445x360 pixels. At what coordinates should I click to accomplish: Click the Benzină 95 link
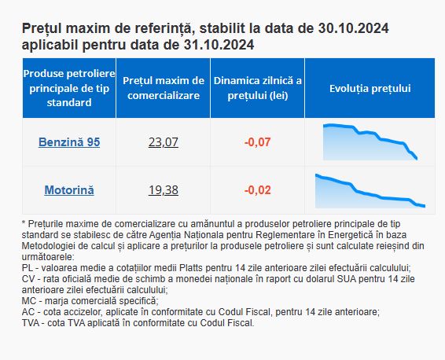coord(69,141)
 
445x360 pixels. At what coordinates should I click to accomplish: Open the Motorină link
coord(69,190)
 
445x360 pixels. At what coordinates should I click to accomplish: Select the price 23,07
coord(164,141)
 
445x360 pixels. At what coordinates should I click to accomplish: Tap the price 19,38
coord(164,190)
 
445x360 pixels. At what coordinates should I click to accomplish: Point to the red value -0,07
coord(257,141)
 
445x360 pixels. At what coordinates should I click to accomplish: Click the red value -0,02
coord(257,190)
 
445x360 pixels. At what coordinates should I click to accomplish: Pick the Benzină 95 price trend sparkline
coord(370,142)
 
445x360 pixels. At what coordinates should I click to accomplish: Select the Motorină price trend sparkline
coord(370,191)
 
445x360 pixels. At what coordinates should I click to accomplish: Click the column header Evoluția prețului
coord(370,88)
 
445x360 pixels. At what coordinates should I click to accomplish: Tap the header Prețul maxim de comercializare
coord(164,88)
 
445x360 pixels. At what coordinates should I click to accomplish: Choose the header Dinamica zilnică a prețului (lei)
coord(257,88)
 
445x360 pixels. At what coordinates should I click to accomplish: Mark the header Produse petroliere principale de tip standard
coord(69,88)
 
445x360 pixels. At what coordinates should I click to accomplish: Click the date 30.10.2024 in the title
coord(353,28)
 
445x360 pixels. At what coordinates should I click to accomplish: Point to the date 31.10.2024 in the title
coord(219,45)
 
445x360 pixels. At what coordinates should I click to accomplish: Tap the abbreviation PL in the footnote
coord(27,268)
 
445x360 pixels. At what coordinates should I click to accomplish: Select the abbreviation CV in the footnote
coord(28,279)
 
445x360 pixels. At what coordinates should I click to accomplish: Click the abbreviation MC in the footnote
coord(28,301)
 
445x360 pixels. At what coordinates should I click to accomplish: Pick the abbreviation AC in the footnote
coord(28,312)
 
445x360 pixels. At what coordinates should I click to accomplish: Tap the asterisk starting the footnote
coord(24,222)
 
